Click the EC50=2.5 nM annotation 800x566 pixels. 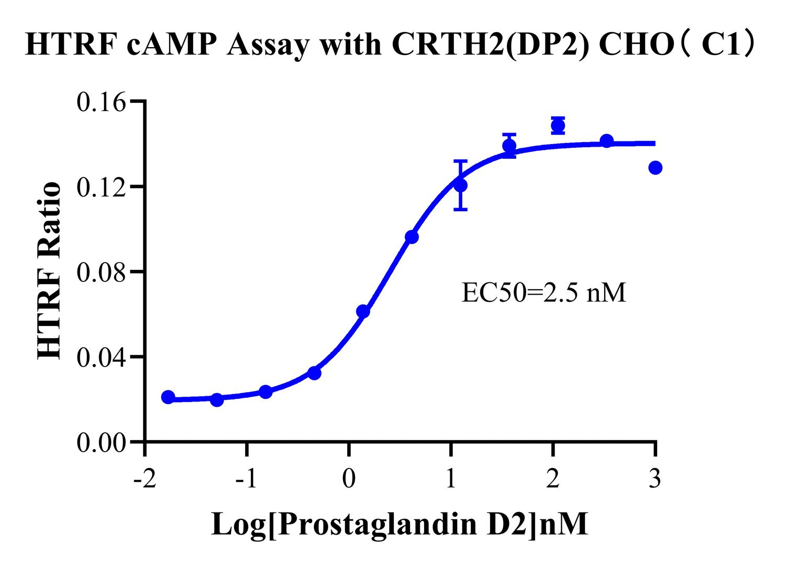543,292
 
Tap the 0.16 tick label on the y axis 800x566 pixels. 102,102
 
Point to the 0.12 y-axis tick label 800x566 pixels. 102,187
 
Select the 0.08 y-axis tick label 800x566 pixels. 102,273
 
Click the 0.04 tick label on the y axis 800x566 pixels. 102,358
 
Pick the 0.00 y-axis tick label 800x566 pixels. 102,443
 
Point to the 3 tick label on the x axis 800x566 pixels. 654,480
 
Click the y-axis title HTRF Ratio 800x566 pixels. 50,271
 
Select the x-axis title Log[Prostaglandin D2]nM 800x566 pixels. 399,524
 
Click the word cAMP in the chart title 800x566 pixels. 172,45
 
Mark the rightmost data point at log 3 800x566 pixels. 655,168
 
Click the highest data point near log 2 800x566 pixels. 558,126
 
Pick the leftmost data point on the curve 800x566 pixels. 168,397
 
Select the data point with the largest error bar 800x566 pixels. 461,185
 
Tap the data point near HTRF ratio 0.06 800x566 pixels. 363,311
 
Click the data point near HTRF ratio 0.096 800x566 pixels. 412,237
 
